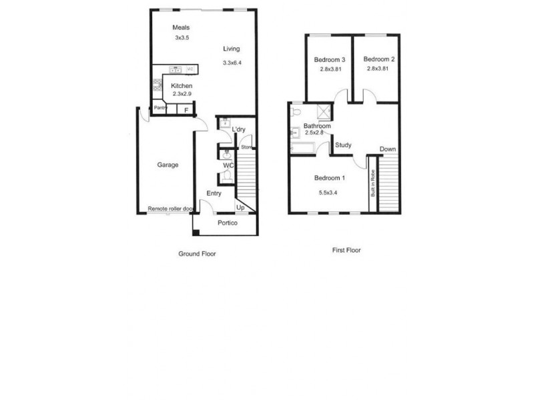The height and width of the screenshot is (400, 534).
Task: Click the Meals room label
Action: click(182, 27)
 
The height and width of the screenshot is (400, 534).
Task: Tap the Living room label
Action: click(232, 49)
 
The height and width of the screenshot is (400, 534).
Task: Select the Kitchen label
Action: click(182, 86)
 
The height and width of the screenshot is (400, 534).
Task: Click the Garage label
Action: click(168, 165)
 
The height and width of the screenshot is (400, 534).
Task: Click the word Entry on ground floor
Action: click(214, 193)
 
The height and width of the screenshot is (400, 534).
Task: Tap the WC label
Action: click(227, 165)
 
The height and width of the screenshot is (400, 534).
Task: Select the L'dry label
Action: click(239, 129)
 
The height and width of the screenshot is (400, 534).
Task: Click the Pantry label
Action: click(160, 107)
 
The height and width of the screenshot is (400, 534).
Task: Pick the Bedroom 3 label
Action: click(328, 59)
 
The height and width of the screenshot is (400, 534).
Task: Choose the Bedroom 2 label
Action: click(380, 59)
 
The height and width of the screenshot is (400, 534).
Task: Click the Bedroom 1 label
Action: click(330, 178)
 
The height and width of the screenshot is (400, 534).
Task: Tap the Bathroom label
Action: click(317, 125)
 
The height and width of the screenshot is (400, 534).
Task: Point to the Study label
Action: click(344, 145)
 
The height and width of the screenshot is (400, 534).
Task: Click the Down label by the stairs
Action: click(387, 149)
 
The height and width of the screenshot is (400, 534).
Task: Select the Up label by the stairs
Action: click(240, 208)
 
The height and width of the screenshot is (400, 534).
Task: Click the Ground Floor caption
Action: click(197, 253)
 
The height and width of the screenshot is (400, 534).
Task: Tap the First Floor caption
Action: click(346, 251)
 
